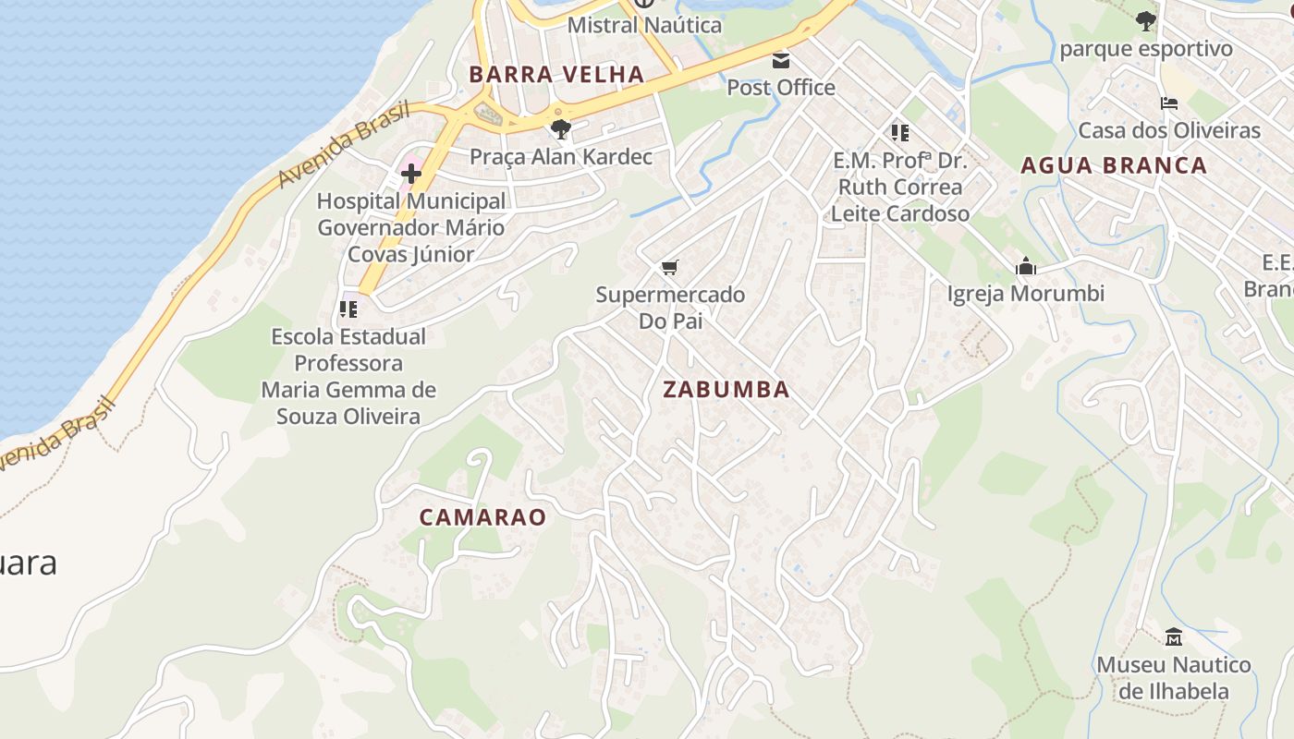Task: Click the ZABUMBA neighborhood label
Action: point(726,390)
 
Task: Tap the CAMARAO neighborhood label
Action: point(482,517)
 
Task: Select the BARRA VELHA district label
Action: point(556,75)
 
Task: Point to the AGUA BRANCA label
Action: point(1114,165)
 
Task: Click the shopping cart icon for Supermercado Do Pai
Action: point(670,268)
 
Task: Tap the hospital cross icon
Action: point(411,173)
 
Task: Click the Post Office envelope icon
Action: point(781,61)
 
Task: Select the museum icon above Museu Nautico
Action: point(1174,637)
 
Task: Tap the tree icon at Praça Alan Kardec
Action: point(560,129)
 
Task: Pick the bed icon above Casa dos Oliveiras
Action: point(1169,103)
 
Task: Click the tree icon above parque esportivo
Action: point(1146,20)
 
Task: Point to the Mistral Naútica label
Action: point(644,25)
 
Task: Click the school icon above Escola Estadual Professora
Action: point(348,309)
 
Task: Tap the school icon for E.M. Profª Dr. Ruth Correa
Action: point(899,133)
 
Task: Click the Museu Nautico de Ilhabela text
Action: point(1174,678)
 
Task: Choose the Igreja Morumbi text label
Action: point(1026,294)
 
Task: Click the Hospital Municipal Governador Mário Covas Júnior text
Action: point(411,227)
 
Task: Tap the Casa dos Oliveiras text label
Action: point(1169,130)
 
